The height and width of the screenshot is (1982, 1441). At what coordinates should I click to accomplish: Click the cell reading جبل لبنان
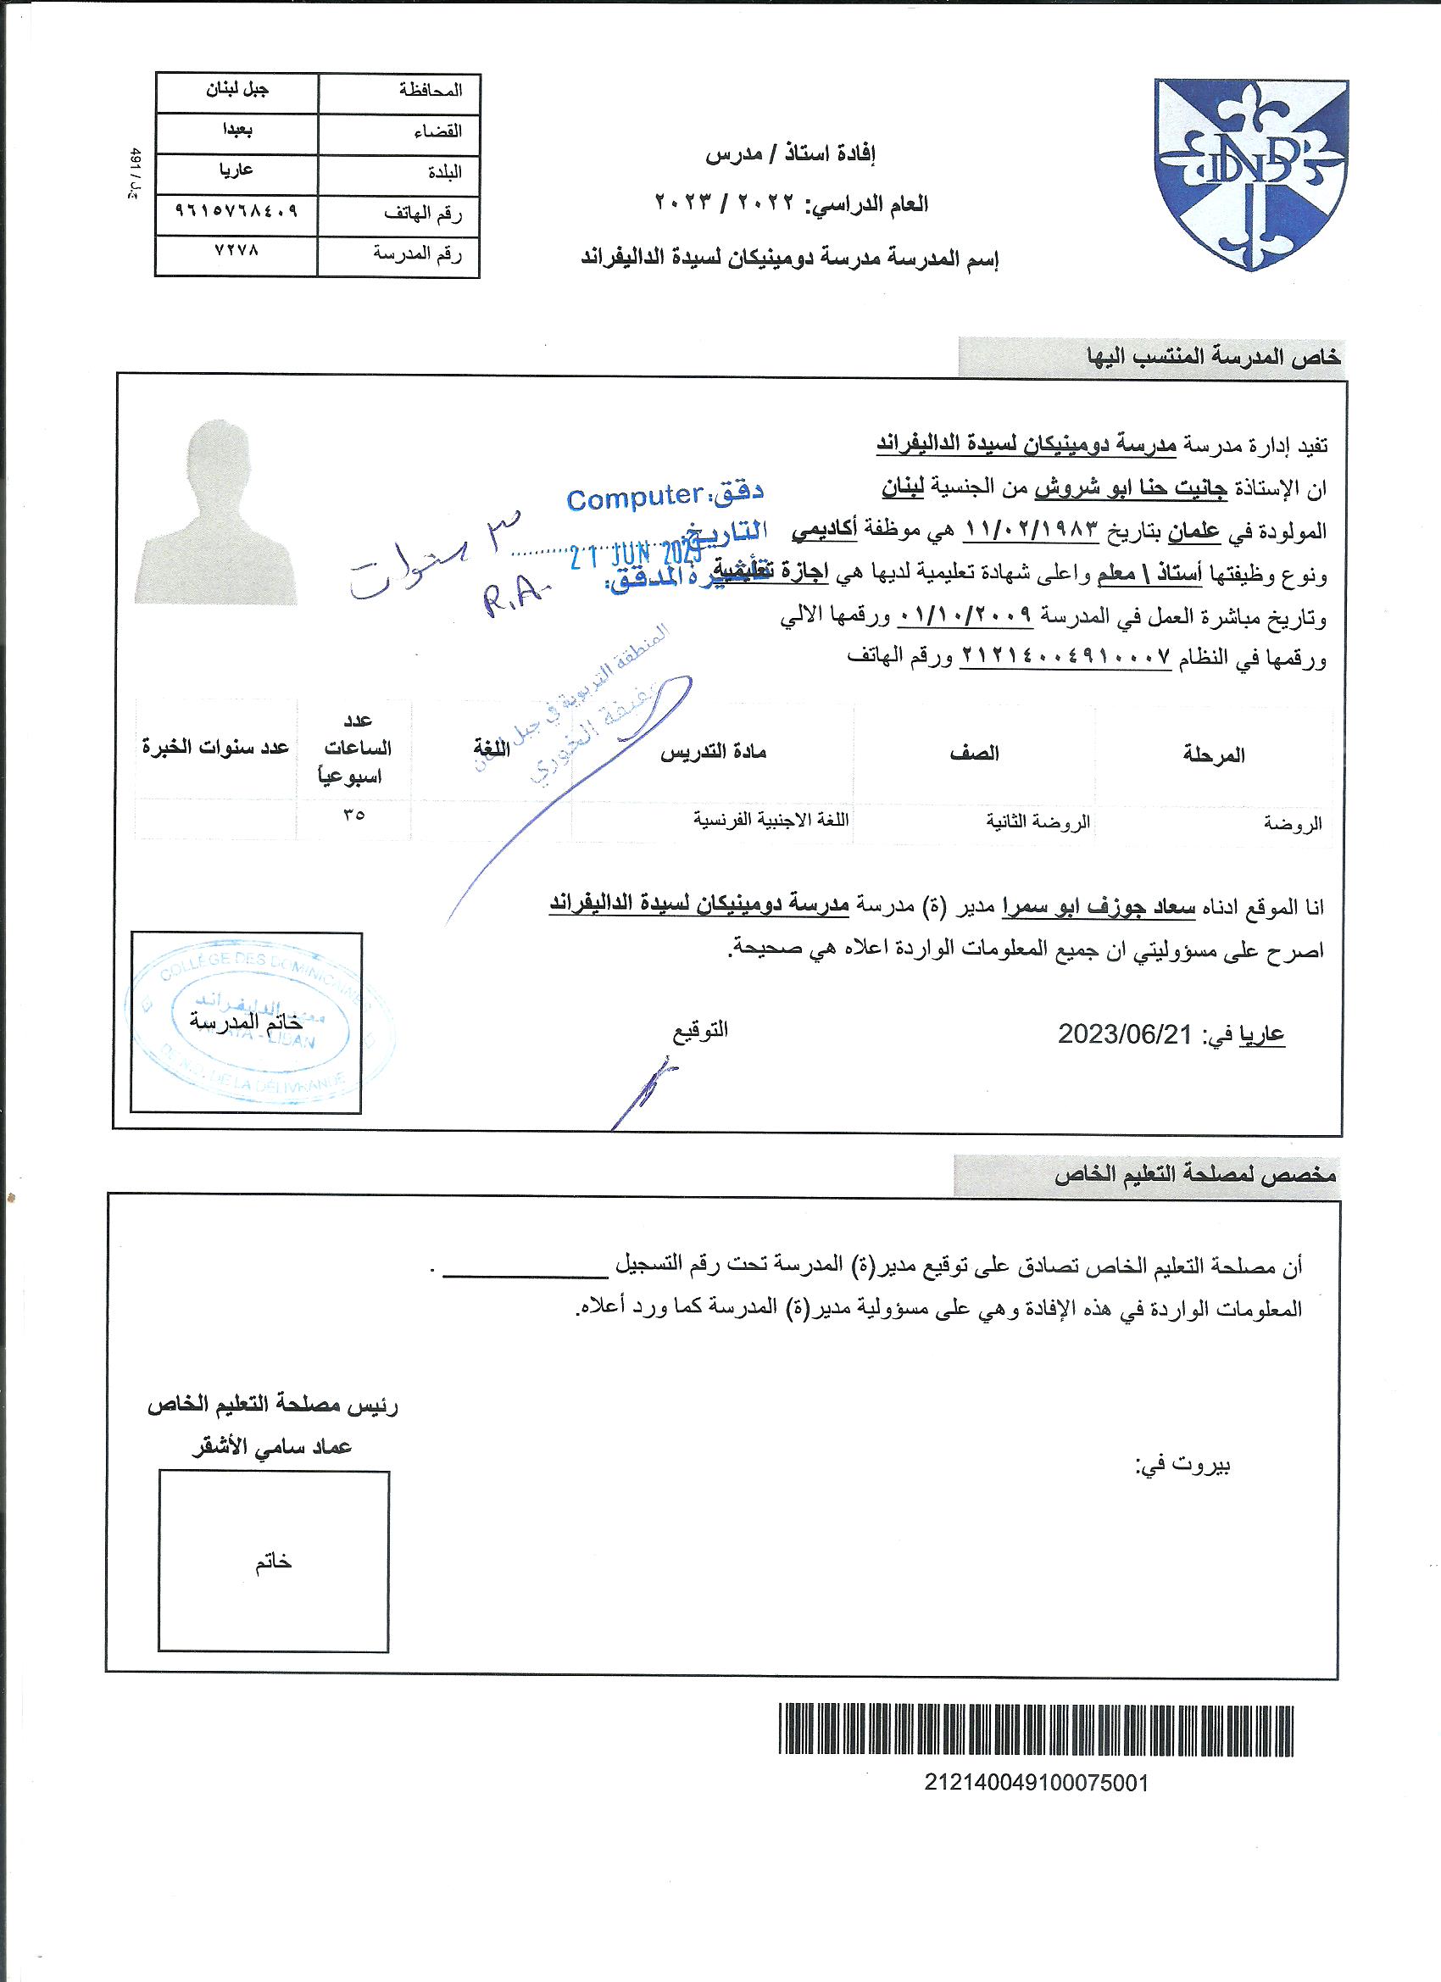tap(236, 90)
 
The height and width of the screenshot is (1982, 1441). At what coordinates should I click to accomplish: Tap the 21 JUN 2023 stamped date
tap(637, 555)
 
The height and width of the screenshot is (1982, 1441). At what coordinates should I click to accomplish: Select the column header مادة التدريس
tap(712, 752)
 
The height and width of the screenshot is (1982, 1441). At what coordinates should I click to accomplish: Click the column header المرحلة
tap(1214, 755)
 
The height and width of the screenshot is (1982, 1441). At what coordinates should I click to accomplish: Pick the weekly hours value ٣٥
tap(354, 815)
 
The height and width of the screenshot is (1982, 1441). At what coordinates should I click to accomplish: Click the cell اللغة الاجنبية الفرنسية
tap(771, 821)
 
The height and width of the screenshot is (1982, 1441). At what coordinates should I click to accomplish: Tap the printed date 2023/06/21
tap(1125, 1035)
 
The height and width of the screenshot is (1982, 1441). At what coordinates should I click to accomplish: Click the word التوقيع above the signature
tap(700, 1029)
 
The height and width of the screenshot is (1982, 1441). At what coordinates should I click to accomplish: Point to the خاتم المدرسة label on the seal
tap(247, 1021)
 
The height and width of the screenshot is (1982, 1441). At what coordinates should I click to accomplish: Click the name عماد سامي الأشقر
tap(272, 1447)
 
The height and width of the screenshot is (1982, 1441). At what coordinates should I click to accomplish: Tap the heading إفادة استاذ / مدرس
tap(791, 155)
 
